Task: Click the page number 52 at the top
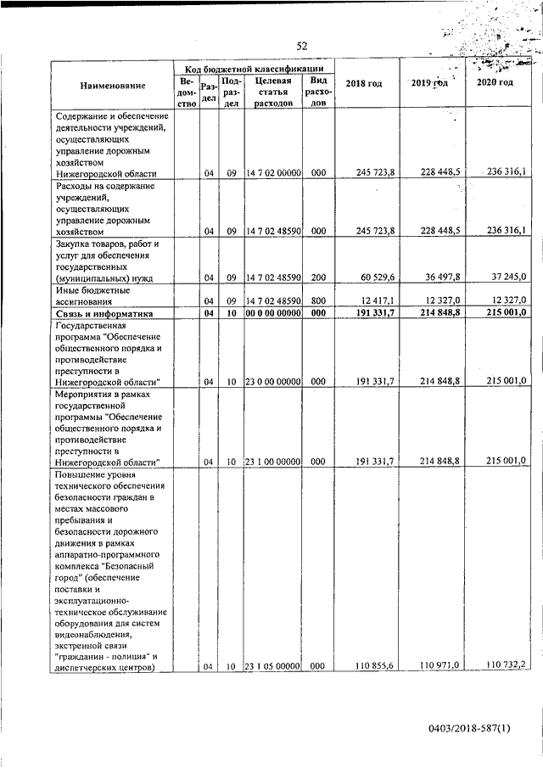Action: point(301,46)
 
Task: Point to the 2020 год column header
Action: point(495,82)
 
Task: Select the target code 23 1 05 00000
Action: point(273,667)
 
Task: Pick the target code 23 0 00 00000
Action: point(273,383)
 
